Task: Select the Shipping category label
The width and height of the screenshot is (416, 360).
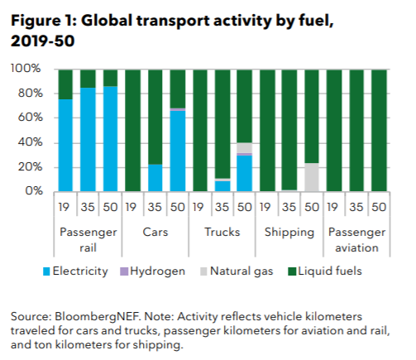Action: [289, 233]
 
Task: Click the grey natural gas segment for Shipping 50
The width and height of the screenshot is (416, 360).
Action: [312, 177]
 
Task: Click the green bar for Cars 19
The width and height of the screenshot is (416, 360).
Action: [132, 131]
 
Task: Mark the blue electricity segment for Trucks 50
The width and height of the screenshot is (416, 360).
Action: [244, 173]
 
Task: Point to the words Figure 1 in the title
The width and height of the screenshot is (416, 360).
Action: [42, 22]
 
